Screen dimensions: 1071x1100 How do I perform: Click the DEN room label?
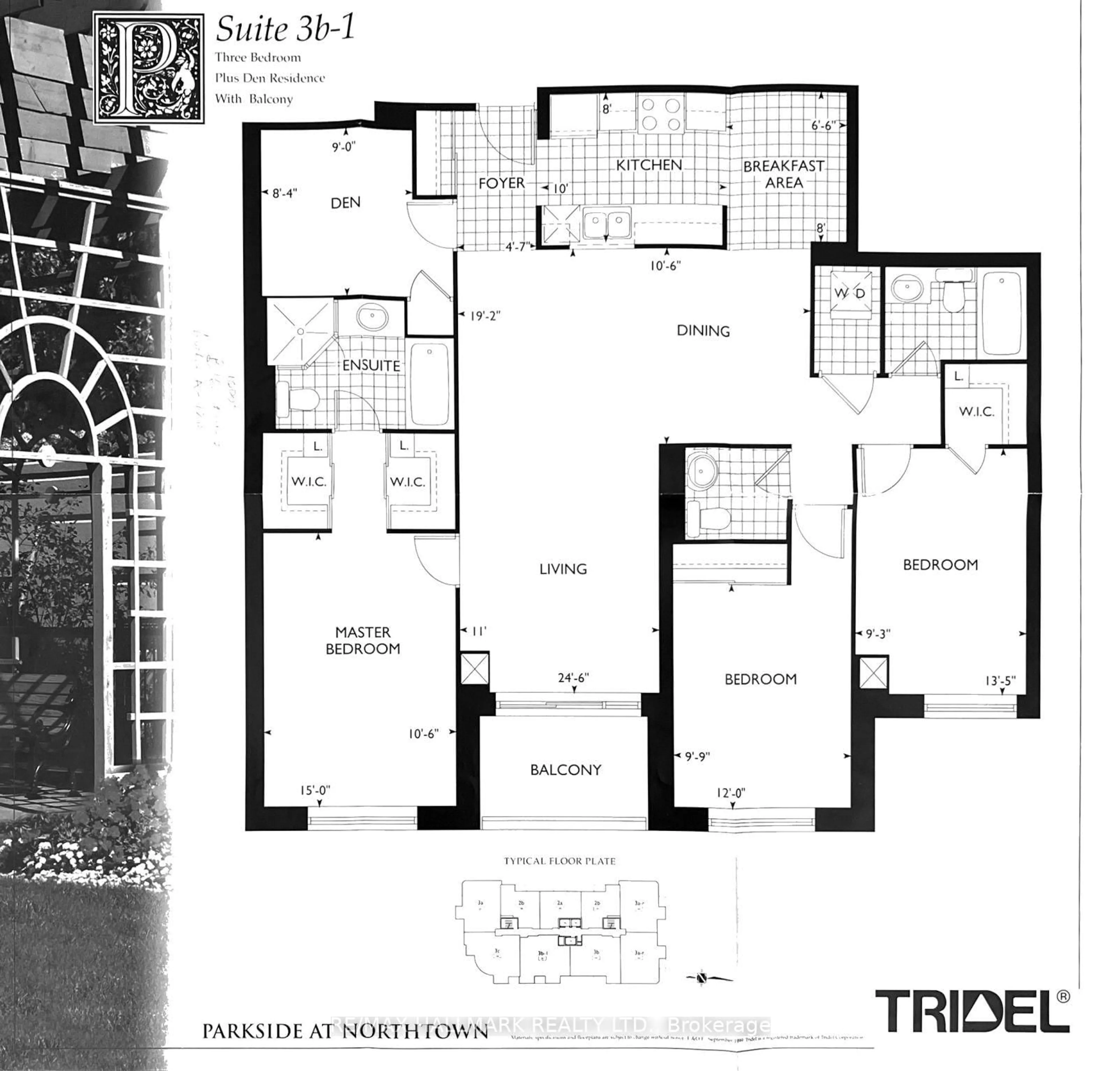345,203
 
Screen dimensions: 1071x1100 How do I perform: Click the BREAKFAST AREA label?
783,174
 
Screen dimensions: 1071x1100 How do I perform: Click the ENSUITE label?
371,366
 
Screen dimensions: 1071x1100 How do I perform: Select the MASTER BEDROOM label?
363,641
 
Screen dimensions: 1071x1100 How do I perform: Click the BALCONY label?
566,770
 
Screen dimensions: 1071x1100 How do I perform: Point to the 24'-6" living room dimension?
573,678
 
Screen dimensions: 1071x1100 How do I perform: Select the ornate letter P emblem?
148,69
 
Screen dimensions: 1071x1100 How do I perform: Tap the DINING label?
703,331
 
